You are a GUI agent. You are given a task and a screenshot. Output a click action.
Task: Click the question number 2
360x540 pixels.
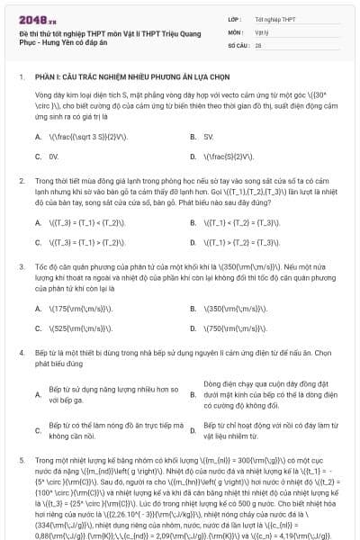click(x=21, y=181)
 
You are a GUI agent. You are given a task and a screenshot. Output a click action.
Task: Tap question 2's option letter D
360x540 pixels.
click(x=193, y=242)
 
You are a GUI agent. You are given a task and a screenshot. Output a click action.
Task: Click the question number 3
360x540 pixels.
click(x=21, y=267)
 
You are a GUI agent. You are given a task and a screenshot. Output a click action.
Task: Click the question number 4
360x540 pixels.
click(x=21, y=354)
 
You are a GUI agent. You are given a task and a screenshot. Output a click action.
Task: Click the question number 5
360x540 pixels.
click(x=21, y=458)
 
